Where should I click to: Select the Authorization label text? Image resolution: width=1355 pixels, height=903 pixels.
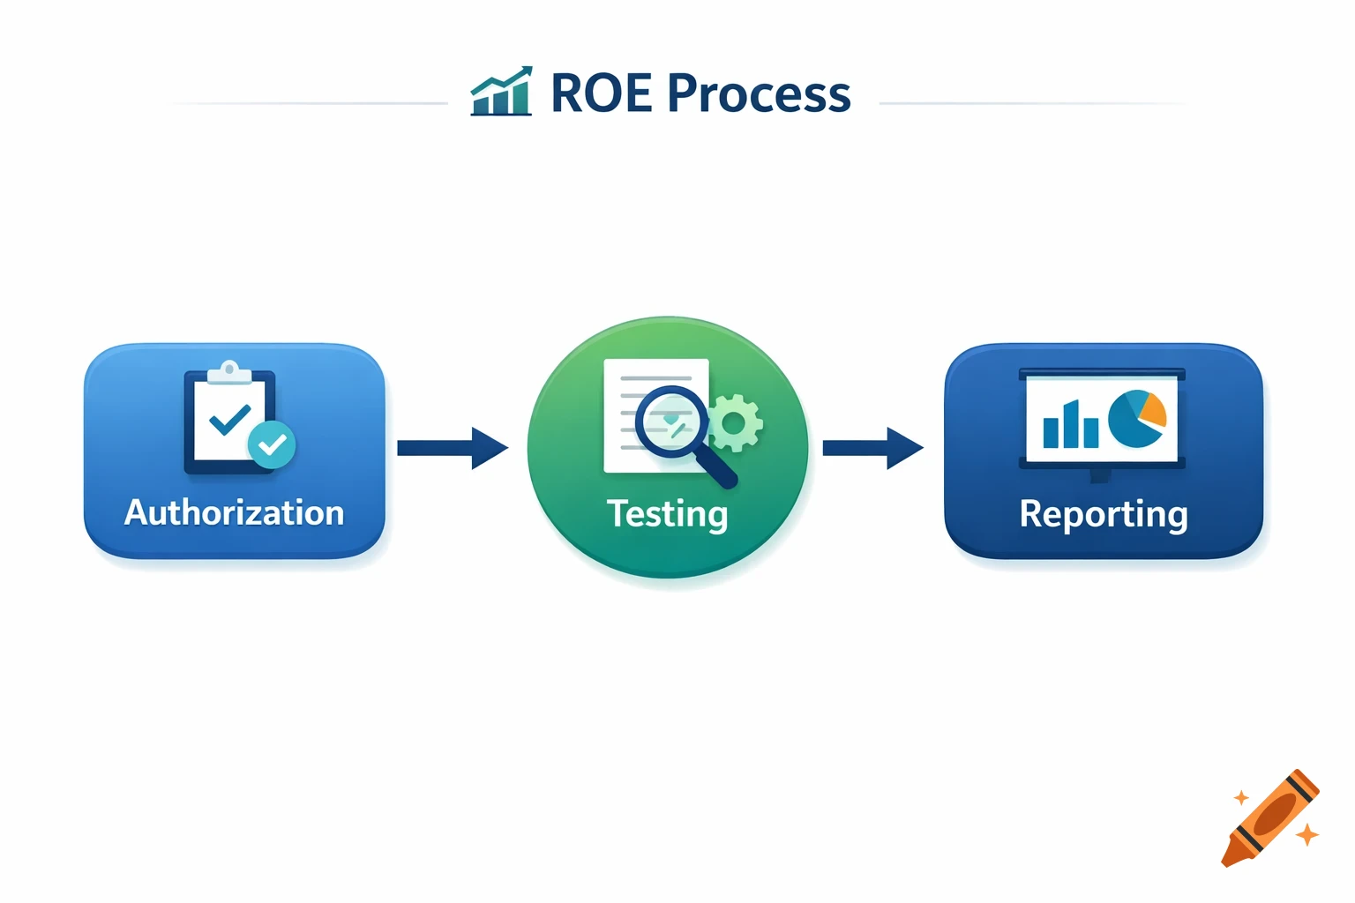(x=234, y=512)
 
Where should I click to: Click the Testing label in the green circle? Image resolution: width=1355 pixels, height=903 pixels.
(x=667, y=514)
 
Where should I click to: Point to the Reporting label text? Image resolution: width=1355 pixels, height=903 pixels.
(x=1103, y=514)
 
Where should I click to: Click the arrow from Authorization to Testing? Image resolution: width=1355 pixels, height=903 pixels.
(x=452, y=448)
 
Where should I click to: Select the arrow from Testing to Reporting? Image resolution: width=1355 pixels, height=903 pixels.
(x=872, y=448)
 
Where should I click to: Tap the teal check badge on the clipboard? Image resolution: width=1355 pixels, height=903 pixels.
(x=272, y=445)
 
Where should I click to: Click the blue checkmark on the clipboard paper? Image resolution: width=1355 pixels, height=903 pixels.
(x=229, y=419)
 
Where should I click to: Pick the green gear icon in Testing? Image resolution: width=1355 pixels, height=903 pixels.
(x=734, y=423)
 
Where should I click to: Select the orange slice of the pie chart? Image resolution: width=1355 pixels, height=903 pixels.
(x=1151, y=410)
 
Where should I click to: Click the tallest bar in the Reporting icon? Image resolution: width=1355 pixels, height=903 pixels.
(x=1070, y=423)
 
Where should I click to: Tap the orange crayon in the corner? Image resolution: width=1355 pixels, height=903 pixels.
(x=1271, y=817)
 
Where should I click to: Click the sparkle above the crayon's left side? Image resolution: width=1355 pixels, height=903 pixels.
(x=1241, y=797)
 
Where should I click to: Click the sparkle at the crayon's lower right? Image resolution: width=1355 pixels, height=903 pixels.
(x=1307, y=833)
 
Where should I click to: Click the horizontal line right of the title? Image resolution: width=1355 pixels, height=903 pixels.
(x=1032, y=103)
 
